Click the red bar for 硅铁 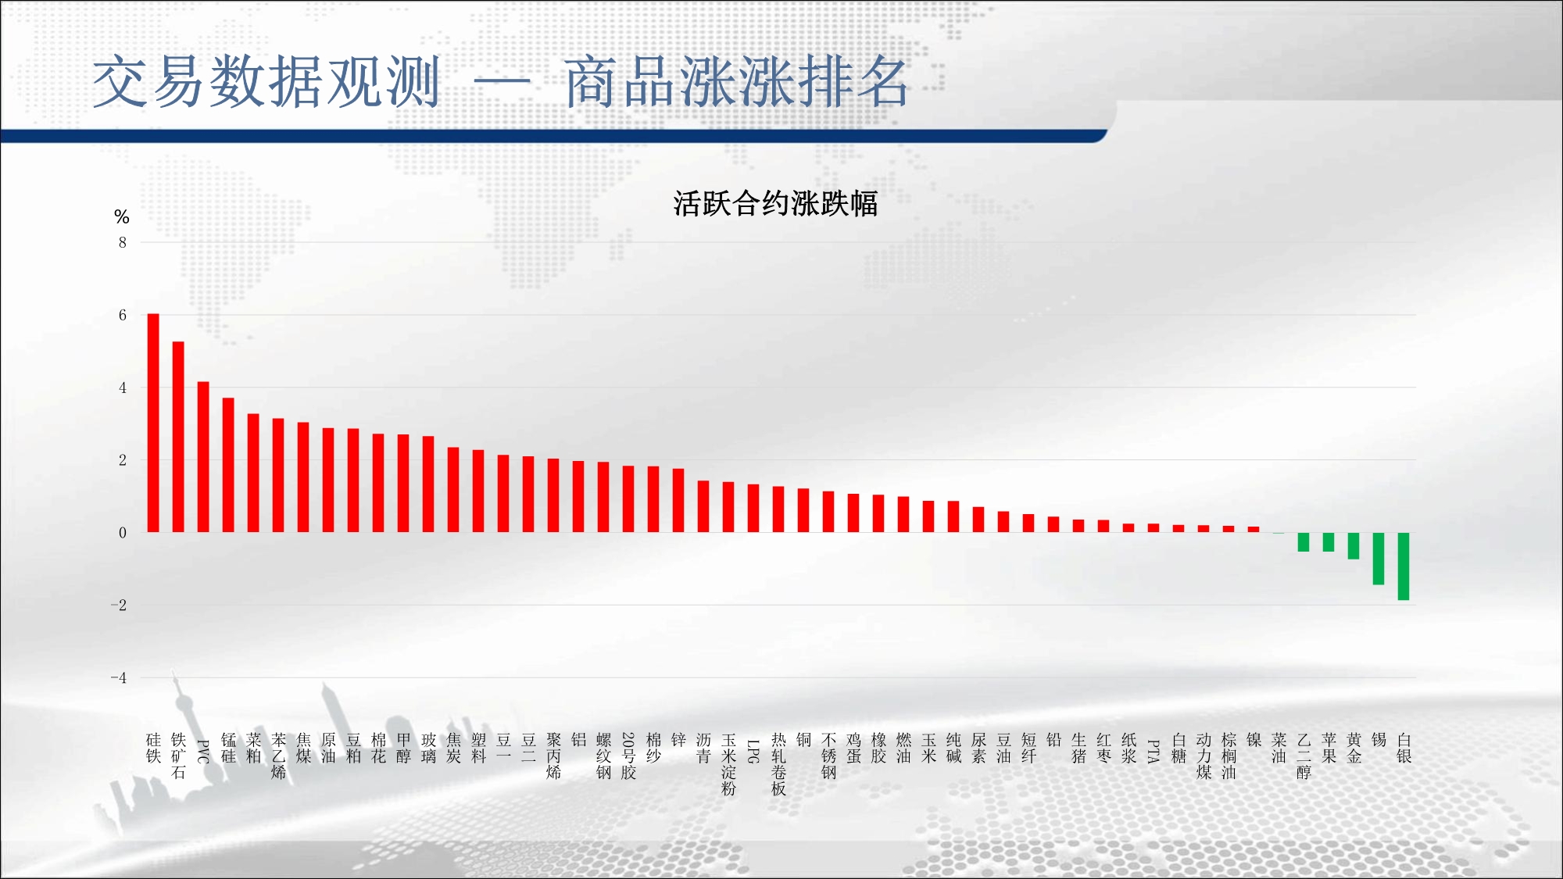coord(153,423)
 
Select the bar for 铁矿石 coord(178,437)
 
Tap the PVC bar coord(203,457)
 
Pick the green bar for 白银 coord(1404,566)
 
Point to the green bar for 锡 coord(1379,559)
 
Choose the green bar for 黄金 coord(1354,546)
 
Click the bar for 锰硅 coord(228,466)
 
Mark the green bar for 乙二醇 coord(1304,542)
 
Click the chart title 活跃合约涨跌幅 coord(775,204)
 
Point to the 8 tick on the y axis coord(123,242)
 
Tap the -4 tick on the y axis coord(119,677)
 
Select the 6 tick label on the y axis coord(123,315)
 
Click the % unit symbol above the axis coord(121,216)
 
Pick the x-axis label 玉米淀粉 coord(728,764)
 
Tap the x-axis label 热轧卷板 coord(778,764)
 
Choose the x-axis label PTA coord(1153,751)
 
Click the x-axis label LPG coord(753,751)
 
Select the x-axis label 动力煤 coord(1204,756)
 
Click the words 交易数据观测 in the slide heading coord(266,81)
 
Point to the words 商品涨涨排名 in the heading coord(736,81)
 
